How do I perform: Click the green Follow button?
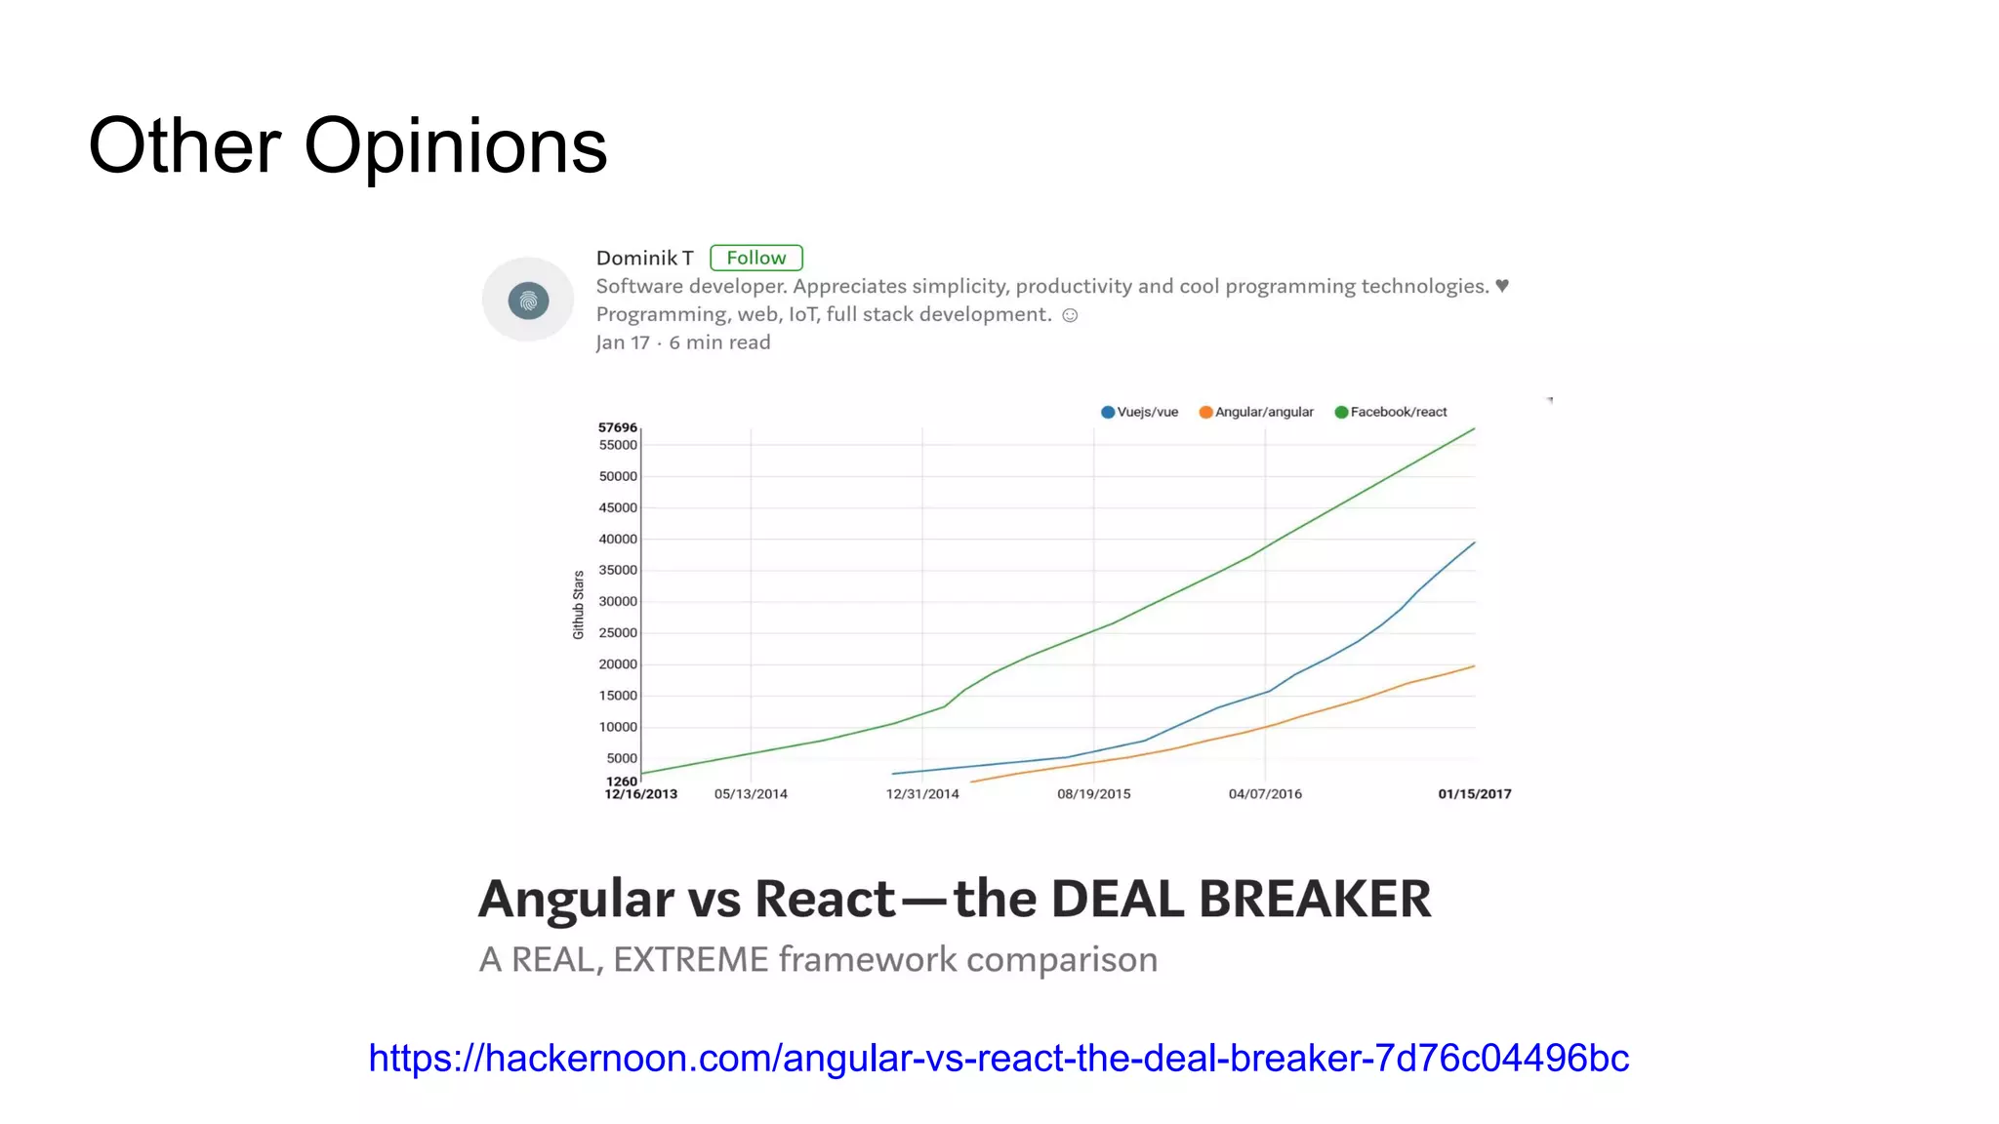(755, 258)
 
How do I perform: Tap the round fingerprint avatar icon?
(528, 300)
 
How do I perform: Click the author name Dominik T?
(644, 258)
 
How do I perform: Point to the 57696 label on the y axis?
(617, 427)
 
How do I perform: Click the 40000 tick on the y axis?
(617, 539)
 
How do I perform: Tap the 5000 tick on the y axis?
(621, 758)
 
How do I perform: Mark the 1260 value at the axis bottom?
(621, 781)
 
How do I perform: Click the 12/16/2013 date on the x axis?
(640, 794)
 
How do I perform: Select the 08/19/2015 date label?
(1093, 794)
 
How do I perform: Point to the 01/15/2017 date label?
(1474, 794)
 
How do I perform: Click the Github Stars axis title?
(578, 605)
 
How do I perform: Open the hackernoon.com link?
(999, 1058)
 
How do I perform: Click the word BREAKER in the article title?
(1315, 899)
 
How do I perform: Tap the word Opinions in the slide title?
(455, 146)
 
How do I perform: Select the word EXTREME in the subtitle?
(691, 960)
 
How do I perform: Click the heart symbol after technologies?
(1502, 286)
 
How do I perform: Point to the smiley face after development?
(1070, 315)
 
